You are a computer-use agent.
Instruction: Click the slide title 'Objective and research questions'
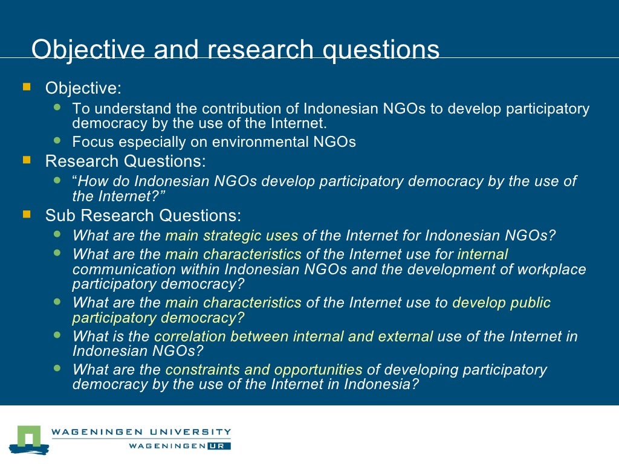pyautogui.click(x=235, y=50)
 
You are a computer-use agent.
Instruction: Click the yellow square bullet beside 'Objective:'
pyautogui.click(x=27, y=88)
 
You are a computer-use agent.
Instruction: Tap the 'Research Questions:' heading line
pyautogui.click(x=125, y=162)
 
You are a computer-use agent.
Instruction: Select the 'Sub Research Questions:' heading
pyautogui.click(x=143, y=216)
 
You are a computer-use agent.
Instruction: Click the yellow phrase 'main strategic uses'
pyautogui.click(x=232, y=236)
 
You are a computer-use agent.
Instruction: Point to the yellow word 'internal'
pyautogui.click(x=482, y=254)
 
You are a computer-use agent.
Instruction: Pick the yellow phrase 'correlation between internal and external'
pyautogui.click(x=294, y=337)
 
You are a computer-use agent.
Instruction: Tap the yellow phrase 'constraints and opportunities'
pyautogui.click(x=264, y=370)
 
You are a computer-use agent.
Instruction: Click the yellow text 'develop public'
pyautogui.click(x=501, y=303)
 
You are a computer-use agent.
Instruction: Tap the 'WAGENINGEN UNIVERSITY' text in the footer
pyautogui.click(x=141, y=432)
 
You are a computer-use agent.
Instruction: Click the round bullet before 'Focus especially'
pyautogui.click(x=57, y=141)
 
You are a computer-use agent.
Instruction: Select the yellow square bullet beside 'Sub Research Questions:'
pyautogui.click(x=27, y=214)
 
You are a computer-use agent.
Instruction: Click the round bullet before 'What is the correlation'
pyautogui.click(x=57, y=335)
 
